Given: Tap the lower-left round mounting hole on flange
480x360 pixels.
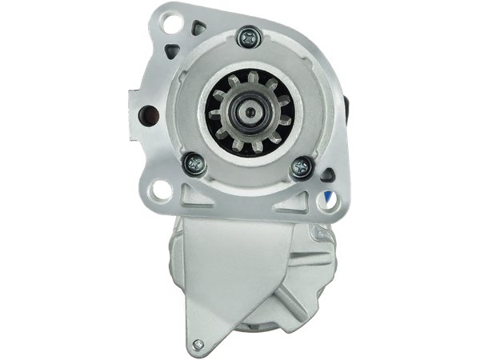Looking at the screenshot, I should pyautogui.click(x=161, y=190).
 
